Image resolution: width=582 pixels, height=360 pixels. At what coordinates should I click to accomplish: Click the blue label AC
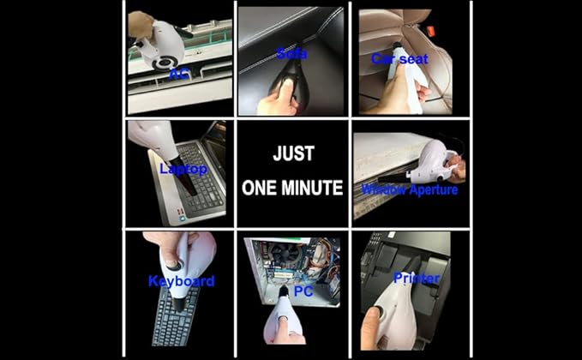pos(179,74)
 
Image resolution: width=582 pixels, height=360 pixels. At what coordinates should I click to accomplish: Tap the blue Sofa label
pos(292,54)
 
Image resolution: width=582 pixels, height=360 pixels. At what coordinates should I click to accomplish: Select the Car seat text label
pos(399,58)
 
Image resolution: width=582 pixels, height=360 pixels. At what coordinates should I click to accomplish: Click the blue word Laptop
pos(183,169)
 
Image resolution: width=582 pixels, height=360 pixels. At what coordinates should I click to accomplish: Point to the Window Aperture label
pos(410,189)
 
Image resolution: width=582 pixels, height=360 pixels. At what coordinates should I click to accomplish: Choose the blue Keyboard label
pos(182,281)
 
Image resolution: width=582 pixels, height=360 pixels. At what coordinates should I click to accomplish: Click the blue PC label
pos(303,291)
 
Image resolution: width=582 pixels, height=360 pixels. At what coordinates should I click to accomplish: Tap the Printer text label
pos(417,278)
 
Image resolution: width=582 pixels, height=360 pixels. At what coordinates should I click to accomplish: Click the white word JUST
pos(294,153)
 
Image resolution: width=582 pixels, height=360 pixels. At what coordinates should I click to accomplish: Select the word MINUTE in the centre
pos(312,188)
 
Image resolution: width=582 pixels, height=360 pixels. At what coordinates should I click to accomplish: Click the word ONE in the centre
pos(260,188)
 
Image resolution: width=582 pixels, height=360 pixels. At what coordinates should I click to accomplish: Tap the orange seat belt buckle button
pos(430,31)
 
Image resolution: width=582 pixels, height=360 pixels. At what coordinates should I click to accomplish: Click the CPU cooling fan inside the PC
pos(285,254)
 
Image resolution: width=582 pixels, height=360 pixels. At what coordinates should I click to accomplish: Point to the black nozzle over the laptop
pos(183,175)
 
